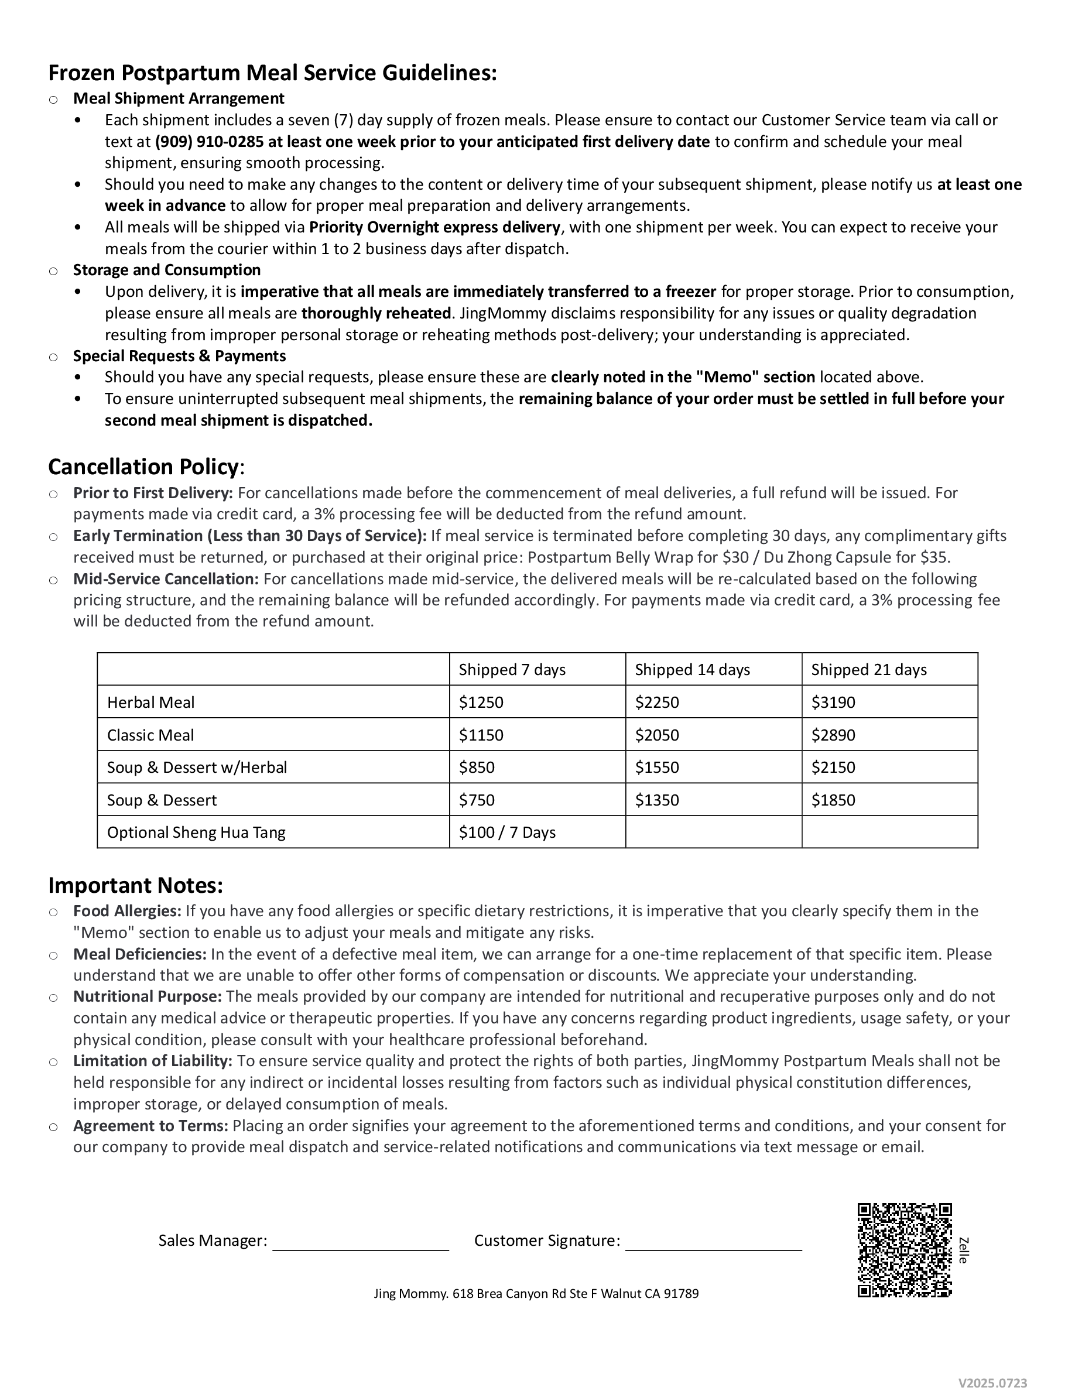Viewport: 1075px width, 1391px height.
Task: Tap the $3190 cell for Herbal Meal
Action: [x=833, y=702]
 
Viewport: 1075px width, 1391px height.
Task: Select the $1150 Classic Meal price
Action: [x=481, y=735]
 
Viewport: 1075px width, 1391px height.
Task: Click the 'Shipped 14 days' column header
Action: [x=692, y=669]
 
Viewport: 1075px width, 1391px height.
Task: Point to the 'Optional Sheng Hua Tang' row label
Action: [x=196, y=832]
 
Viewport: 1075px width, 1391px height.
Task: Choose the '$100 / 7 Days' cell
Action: [x=507, y=832]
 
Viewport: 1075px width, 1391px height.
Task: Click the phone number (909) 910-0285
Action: [x=209, y=142]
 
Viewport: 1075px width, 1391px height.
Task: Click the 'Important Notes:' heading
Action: [x=136, y=885]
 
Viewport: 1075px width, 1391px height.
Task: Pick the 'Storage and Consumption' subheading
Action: [x=167, y=270]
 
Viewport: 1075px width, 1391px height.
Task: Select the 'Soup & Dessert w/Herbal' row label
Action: [x=197, y=768]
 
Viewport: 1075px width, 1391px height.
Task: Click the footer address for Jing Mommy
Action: [x=536, y=1294]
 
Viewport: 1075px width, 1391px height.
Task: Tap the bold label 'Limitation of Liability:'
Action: [x=153, y=1061]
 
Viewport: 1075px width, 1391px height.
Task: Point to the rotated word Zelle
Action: [x=963, y=1250]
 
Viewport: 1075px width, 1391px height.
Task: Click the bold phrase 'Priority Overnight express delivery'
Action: [x=435, y=227]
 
